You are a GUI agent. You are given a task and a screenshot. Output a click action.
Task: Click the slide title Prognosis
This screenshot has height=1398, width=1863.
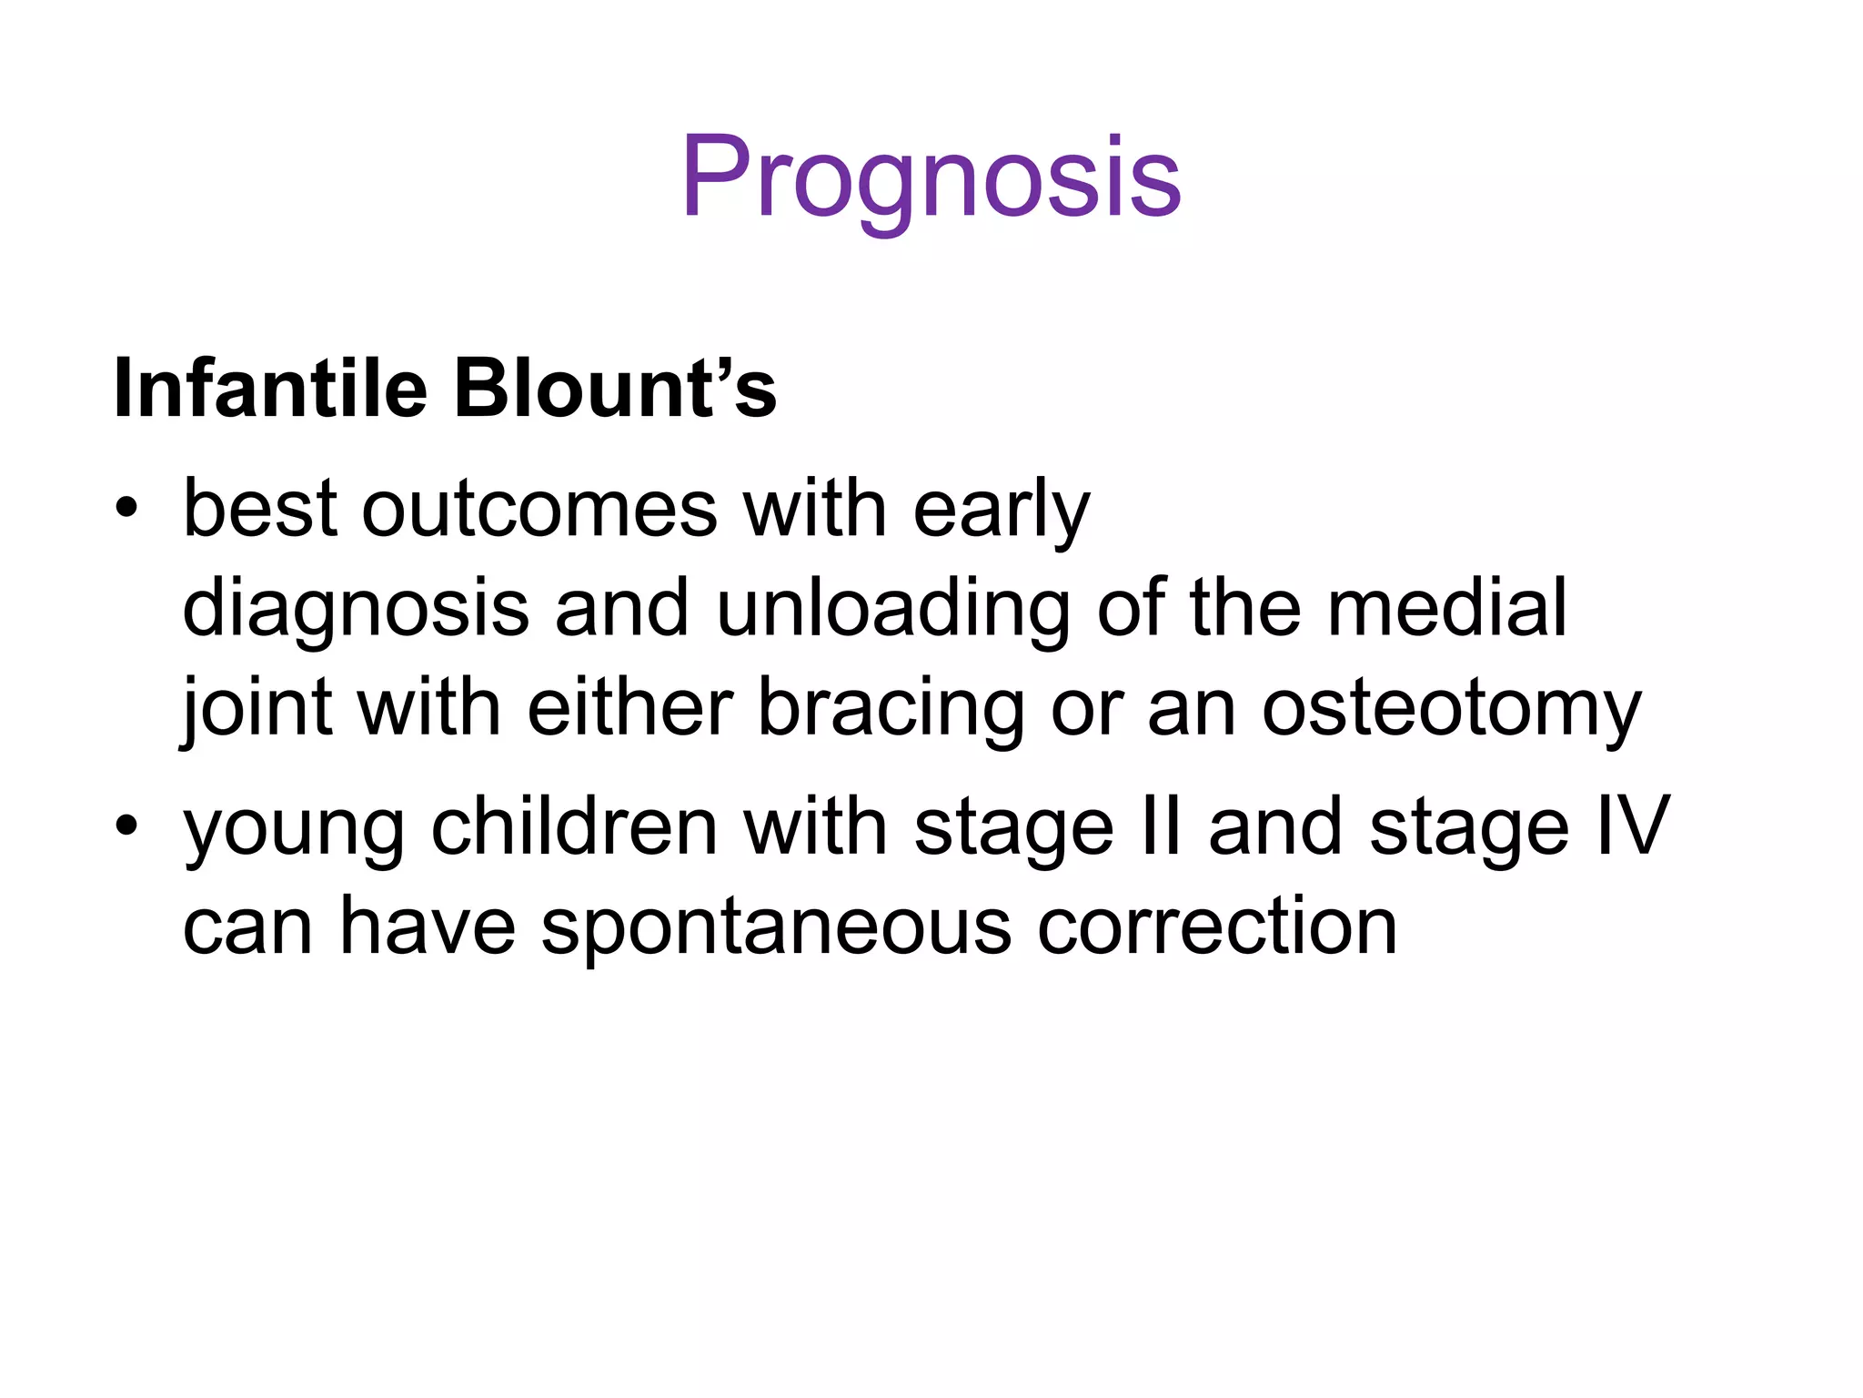click(x=931, y=177)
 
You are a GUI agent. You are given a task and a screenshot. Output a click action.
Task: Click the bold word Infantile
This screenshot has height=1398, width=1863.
click(x=270, y=390)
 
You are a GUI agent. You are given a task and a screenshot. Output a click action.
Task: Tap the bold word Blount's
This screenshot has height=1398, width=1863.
click(x=615, y=390)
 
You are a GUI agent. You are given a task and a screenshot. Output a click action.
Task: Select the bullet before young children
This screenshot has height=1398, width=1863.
click(x=126, y=826)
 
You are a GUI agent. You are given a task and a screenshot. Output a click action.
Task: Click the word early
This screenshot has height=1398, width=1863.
click(x=1001, y=510)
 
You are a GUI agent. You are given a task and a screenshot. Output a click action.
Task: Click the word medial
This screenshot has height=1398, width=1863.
click(x=1447, y=607)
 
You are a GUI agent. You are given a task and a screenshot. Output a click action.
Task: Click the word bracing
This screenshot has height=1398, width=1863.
click(x=891, y=708)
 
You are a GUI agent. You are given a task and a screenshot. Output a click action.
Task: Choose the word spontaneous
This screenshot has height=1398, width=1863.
click(x=776, y=928)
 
